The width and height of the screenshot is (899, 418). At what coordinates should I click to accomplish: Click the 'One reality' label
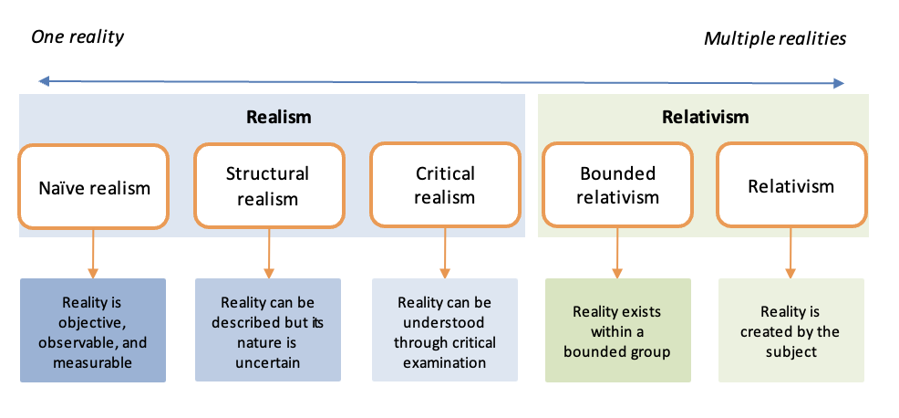pos(77,37)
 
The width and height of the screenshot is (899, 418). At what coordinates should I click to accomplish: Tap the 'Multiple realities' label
pos(775,38)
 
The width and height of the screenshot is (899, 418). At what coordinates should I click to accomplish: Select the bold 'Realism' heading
pos(279,117)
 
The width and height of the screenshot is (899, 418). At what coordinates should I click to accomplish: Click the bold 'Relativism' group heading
pos(705,117)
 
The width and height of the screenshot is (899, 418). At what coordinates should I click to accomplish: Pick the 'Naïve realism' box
pos(94,186)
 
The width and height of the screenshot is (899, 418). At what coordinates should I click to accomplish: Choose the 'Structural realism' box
pos(269,185)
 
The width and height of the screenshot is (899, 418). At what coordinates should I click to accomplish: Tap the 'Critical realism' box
pos(445,185)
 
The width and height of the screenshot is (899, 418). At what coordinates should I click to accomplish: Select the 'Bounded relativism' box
pos(617,185)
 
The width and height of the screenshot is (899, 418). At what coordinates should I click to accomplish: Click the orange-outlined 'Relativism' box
pos(791,185)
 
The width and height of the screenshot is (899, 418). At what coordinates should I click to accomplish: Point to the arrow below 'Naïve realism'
pos(93,254)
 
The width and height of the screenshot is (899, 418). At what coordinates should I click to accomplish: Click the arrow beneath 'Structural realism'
pos(268,253)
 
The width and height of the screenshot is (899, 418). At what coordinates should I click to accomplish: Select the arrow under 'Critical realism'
pos(445,253)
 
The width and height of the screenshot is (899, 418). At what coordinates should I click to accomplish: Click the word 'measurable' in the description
pos(93,363)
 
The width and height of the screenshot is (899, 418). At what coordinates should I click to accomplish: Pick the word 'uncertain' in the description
pos(268,363)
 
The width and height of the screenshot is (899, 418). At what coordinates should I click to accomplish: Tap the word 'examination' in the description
pos(444,363)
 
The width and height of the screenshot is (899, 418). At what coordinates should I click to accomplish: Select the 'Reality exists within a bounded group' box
pos(618,330)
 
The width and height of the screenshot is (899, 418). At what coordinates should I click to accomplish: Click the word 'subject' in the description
pos(791,352)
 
